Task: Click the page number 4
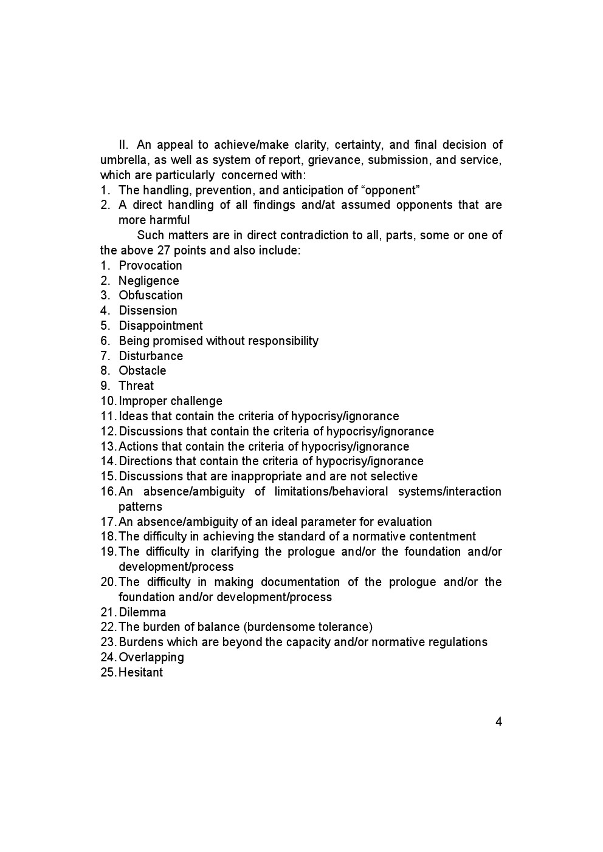point(498,722)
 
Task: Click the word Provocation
point(150,265)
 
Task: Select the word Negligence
point(148,281)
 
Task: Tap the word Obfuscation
point(150,295)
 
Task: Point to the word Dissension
point(148,310)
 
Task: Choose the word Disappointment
point(160,325)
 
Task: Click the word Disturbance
point(150,356)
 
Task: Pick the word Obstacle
point(142,370)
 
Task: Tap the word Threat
point(136,386)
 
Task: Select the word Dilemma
point(142,612)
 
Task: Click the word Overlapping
point(151,657)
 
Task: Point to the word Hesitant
point(140,672)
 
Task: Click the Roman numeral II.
point(123,145)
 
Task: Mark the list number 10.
point(108,401)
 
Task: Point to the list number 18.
point(108,536)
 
